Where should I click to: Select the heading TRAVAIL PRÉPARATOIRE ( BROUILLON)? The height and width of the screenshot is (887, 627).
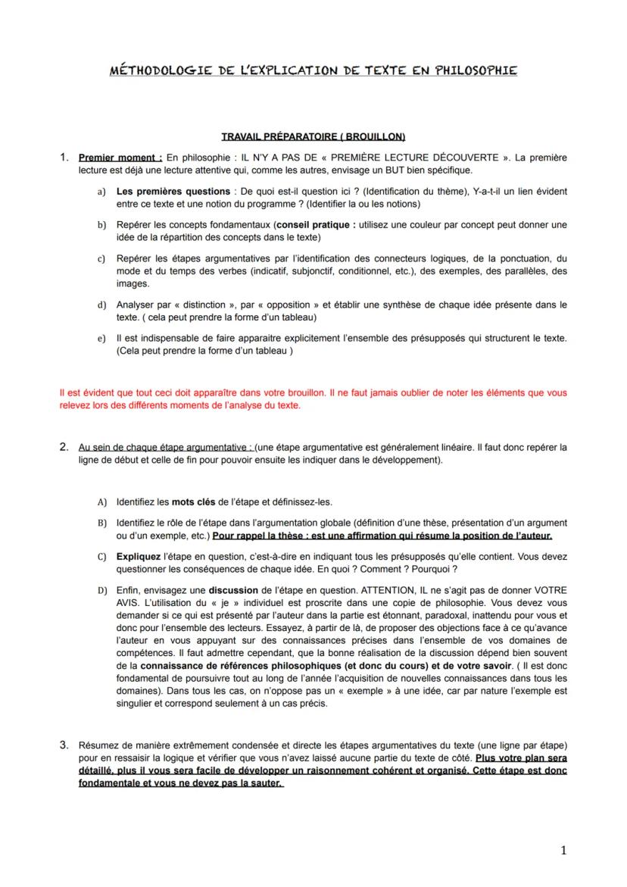click(x=313, y=137)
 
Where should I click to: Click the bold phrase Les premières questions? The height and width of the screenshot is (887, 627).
click(x=173, y=192)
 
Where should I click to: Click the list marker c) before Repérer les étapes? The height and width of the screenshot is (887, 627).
click(x=101, y=259)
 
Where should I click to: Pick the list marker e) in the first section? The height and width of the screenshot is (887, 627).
click(x=101, y=338)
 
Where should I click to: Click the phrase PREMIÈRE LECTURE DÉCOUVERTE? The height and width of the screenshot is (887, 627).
click(x=425, y=158)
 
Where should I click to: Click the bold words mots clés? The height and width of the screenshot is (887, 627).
click(x=194, y=502)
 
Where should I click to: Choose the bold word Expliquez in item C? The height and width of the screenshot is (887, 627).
click(x=139, y=557)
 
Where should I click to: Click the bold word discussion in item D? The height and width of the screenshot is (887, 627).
click(x=235, y=589)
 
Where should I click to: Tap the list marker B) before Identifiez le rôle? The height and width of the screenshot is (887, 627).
click(x=101, y=523)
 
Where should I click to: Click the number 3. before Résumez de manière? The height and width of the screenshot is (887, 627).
click(x=64, y=744)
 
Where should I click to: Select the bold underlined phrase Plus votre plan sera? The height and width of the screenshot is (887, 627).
click(x=521, y=757)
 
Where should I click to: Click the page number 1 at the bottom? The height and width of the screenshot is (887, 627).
click(x=563, y=851)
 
